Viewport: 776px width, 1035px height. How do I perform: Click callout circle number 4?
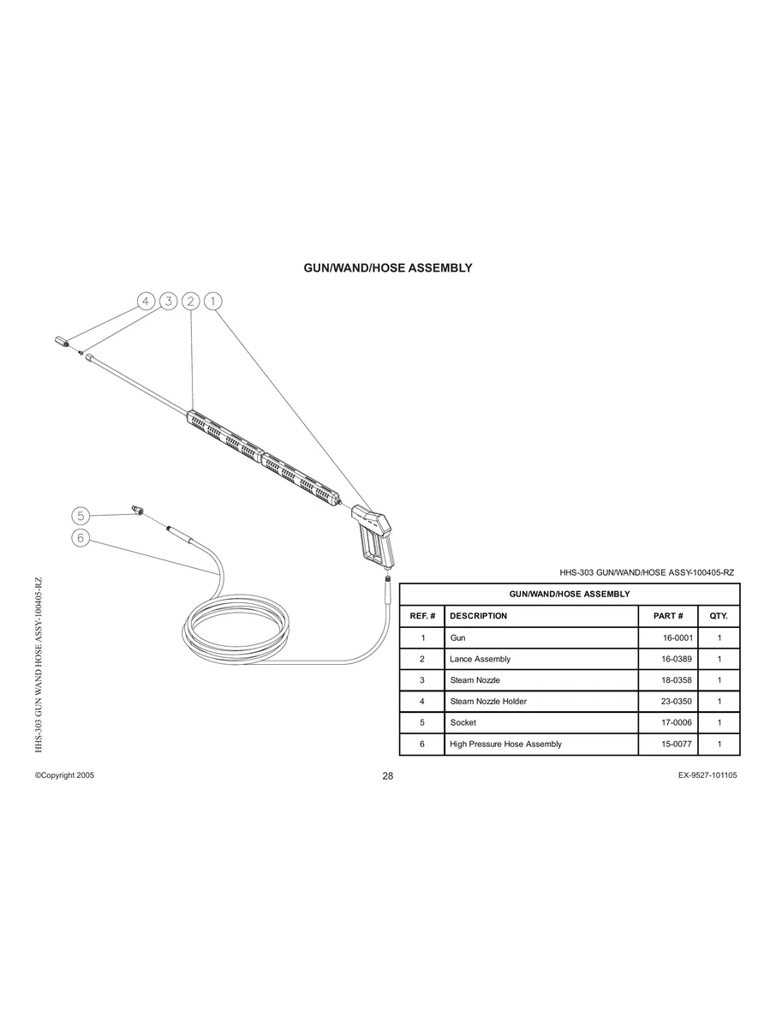click(146, 301)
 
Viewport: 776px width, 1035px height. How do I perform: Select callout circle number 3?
click(169, 301)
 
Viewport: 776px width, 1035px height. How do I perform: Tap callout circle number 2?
click(191, 301)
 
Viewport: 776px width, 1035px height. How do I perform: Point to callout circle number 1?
click(213, 301)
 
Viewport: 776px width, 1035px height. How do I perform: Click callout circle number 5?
click(81, 515)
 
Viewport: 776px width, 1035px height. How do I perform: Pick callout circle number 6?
click(81, 538)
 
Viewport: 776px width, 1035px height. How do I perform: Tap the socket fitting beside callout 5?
click(136, 510)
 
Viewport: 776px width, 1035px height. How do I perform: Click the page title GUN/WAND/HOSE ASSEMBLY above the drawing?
click(388, 268)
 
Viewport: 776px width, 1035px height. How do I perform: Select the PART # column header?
click(668, 616)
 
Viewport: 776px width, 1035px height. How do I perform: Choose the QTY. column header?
click(719, 616)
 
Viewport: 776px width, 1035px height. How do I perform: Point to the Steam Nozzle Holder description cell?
click(488, 702)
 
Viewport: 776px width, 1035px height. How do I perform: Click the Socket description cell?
click(463, 723)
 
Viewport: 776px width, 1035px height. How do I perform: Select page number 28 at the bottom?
click(388, 776)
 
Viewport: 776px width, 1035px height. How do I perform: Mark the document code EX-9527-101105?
click(707, 775)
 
